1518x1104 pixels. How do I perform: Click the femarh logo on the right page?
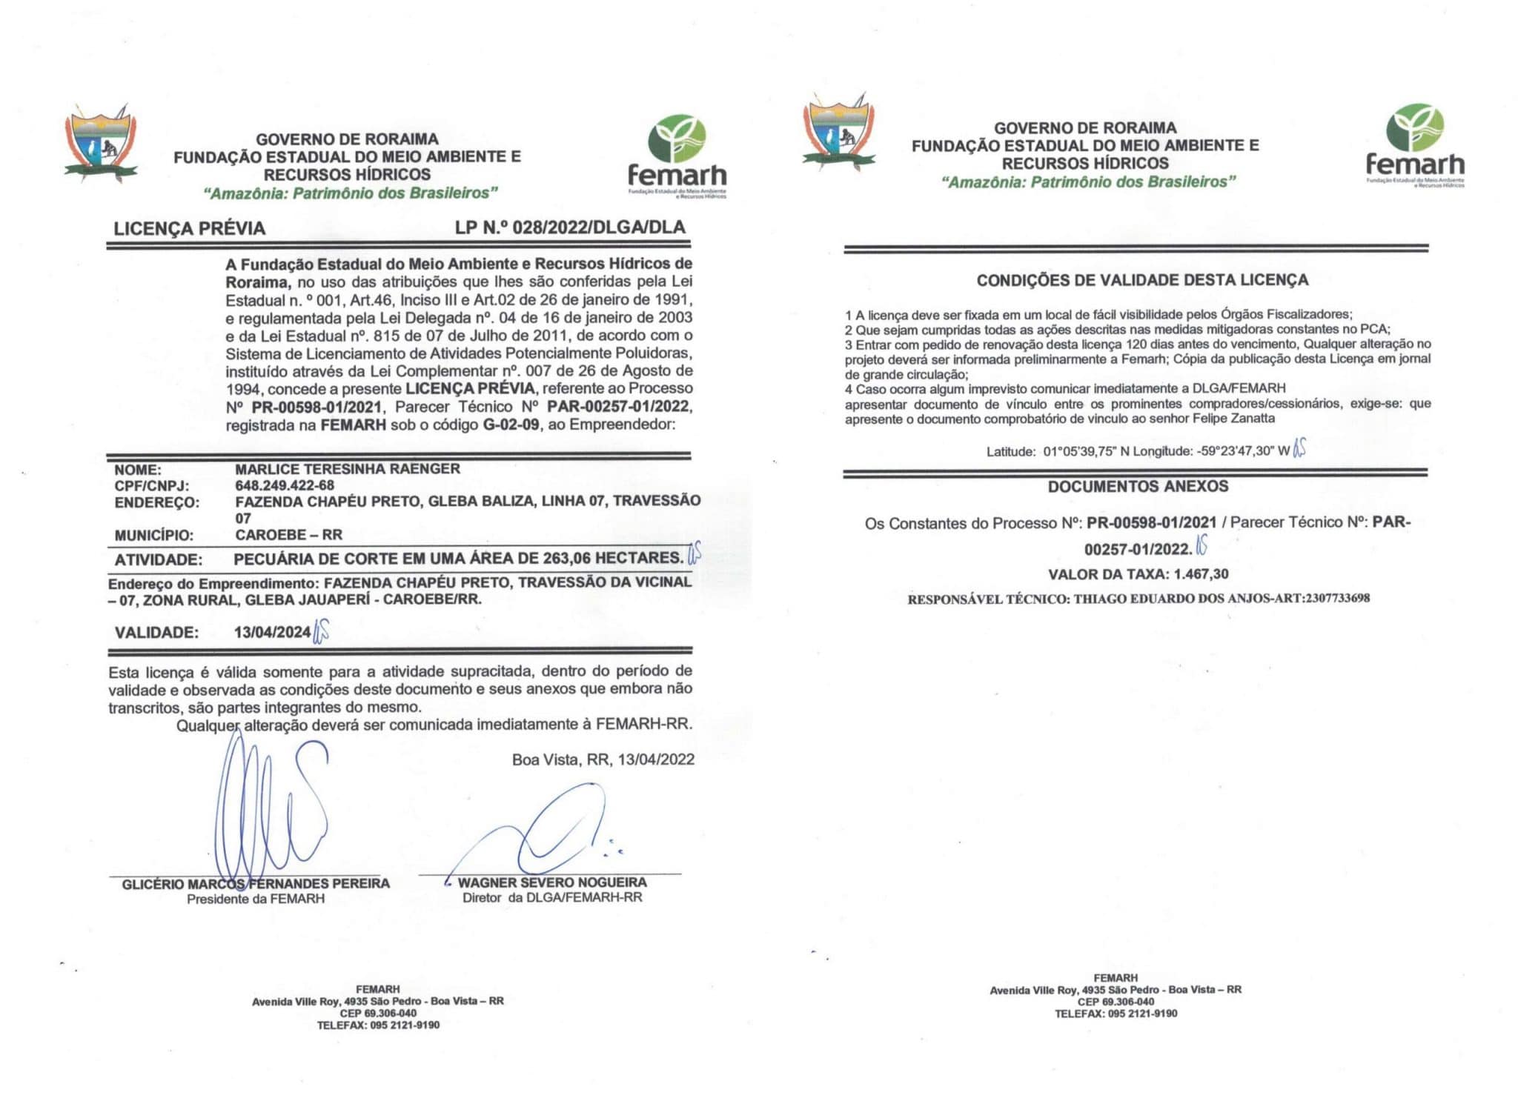[x=1415, y=145]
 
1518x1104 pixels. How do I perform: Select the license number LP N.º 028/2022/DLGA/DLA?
[x=570, y=227]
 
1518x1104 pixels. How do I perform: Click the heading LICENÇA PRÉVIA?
[x=190, y=228]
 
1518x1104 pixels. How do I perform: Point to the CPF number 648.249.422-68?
[x=285, y=485]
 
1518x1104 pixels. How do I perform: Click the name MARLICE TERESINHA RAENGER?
[x=348, y=469]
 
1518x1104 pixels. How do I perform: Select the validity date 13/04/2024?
[x=272, y=632]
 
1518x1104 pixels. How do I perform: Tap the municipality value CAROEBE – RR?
[x=289, y=535]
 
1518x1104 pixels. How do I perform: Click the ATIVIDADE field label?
[x=159, y=559]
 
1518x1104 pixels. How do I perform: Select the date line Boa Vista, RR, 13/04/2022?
[x=603, y=759]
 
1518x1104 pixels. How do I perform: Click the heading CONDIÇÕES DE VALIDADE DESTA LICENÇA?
[x=1141, y=280]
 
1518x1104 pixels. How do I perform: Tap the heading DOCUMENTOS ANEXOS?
[x=1138, y=487]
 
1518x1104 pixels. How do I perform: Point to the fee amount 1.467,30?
[x=1201, y=574]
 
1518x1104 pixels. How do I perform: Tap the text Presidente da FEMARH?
[x=256, y=899]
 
